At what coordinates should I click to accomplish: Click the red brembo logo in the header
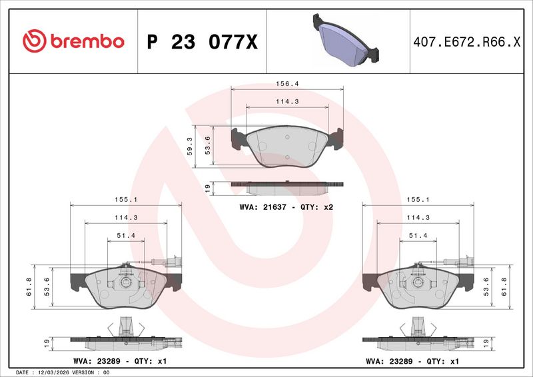[x=73, y=41]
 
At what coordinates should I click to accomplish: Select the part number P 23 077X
[x=203, y=42]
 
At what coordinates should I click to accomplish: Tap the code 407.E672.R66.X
[x=467, y=42]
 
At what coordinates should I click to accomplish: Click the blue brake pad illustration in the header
[x=346, y=40]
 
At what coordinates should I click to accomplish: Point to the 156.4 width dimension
[x=287, y=84]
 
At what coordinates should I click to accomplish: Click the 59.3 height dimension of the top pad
[x=190, y=146]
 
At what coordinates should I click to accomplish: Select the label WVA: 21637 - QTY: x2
[x=286, y=207]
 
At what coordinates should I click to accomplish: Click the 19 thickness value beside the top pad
[x=208, y=188]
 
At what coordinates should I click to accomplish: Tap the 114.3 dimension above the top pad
[x=287, y=102]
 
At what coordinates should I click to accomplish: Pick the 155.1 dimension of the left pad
[x=126, y=200]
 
